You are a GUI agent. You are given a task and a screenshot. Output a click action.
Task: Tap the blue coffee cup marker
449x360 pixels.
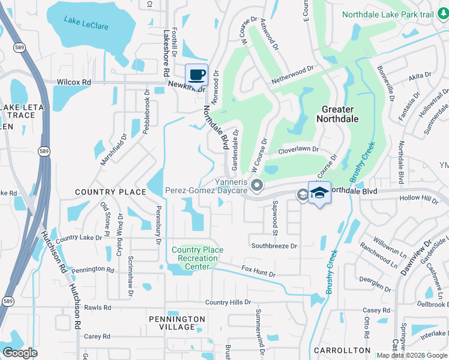[x=196, y=75]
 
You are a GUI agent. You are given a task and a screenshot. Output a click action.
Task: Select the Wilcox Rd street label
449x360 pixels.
[x=74, y=82]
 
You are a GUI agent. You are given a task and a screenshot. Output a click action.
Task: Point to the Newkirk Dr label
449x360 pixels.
[x=187, y=86]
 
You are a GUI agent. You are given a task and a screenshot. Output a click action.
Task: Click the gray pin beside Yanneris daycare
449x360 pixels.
[x=258, y=185]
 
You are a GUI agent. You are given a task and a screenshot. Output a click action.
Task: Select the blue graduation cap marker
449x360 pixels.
[x=320, y=193]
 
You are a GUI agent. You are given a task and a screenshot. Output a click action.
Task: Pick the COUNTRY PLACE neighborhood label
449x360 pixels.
[x=110, y=192]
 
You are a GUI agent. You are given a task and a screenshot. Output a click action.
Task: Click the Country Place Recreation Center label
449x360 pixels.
[x=197, y=258]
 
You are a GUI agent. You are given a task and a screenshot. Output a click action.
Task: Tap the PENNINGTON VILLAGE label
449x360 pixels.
[x=177, y=323]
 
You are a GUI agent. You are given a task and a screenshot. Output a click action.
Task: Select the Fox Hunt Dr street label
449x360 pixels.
[x=258, y=271]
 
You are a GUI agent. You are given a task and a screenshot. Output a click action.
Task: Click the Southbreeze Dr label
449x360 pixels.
[x=274, y=246]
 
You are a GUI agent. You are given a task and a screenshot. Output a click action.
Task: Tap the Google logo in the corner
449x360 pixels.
[x=20, y=352]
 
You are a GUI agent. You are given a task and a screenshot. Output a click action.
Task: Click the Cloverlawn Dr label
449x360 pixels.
[x=298, y=149]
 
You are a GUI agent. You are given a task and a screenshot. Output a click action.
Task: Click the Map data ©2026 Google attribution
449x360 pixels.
[x=412, y=355]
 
